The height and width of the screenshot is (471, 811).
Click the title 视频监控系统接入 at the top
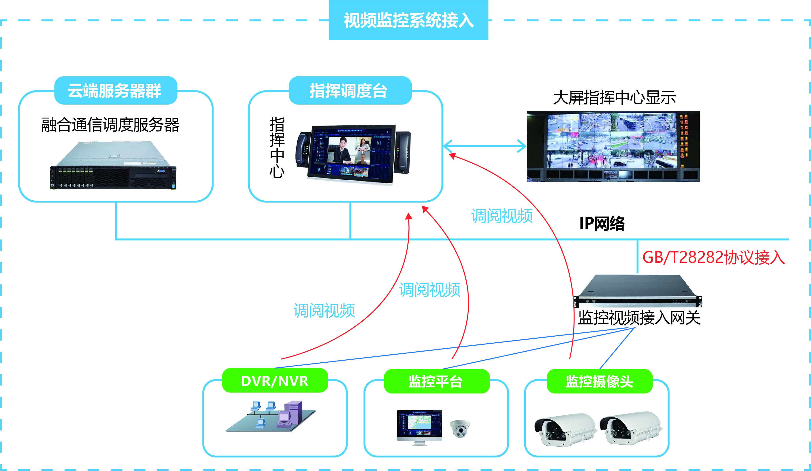click(408, 20)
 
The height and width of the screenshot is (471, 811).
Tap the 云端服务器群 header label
click(115, 90)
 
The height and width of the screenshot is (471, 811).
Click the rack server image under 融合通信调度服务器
click(113, 165)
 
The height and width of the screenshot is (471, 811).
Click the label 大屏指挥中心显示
click(614, 97)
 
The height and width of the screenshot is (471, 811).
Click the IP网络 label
click(602, 223)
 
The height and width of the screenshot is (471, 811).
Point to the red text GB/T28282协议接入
click(713, 257)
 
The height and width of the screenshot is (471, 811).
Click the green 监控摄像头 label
click(600, 381)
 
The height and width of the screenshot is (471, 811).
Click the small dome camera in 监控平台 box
click(460, 428)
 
